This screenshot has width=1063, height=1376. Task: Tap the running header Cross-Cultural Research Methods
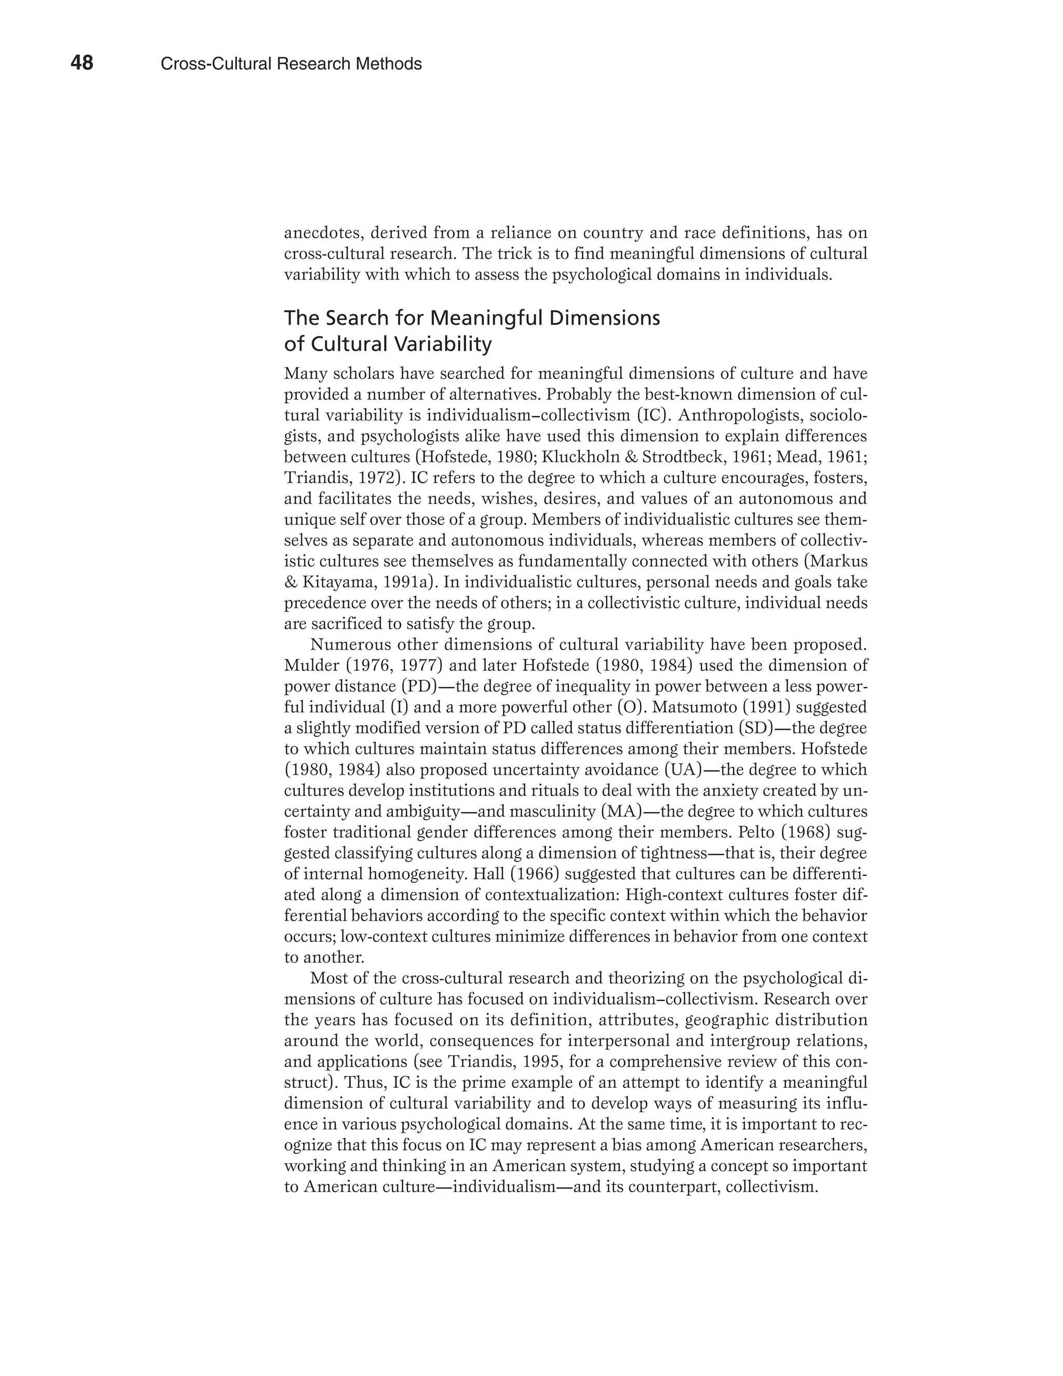291,64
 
